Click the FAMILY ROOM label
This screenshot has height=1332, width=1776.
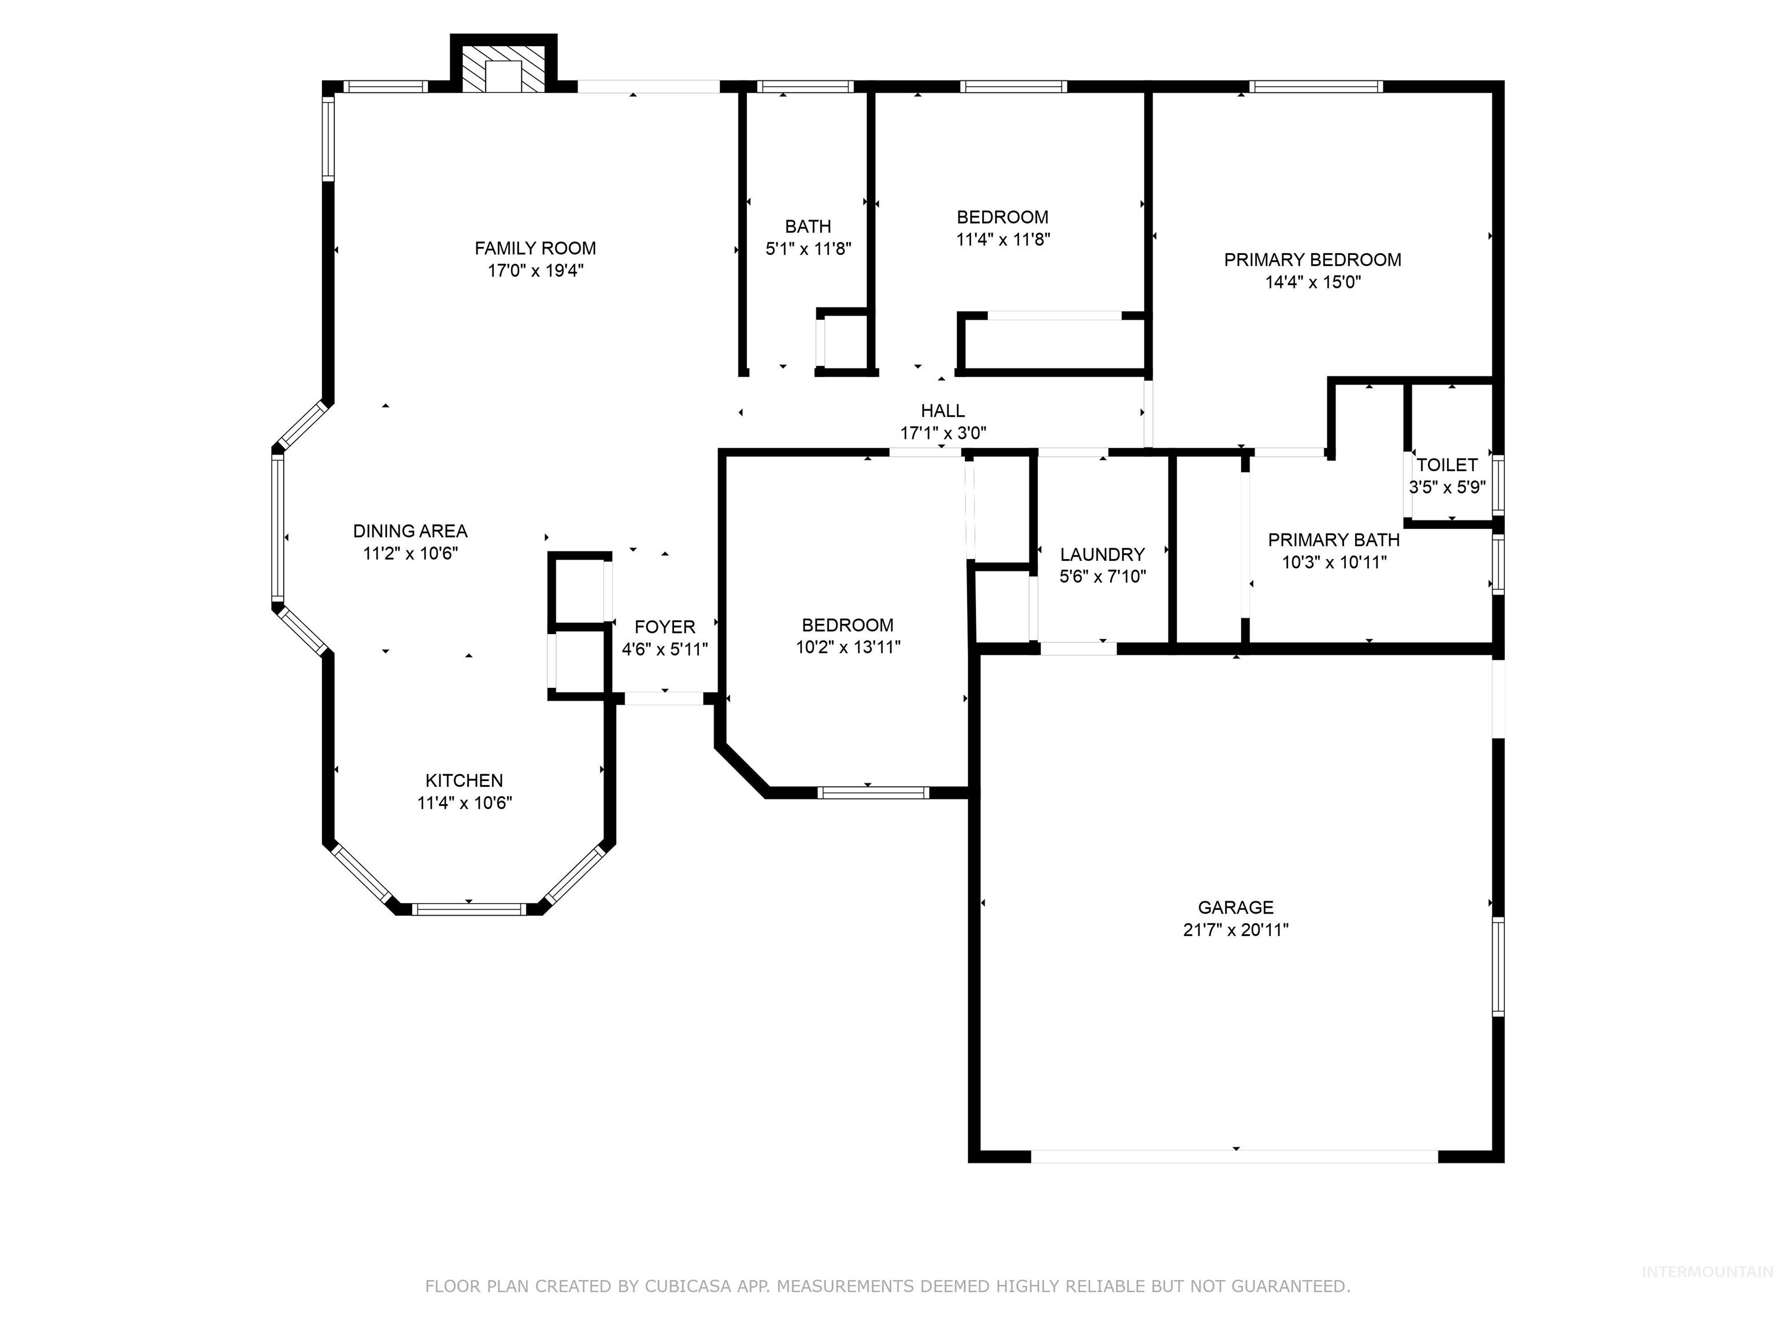(x=535, y=248)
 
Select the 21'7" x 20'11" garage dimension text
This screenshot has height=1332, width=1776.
(x=1235, y=930)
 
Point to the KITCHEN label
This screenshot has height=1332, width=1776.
(x=464, y=780)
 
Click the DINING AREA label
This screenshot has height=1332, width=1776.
(x=410, y=531)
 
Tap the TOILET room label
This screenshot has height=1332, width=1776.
(x=1447, y=465)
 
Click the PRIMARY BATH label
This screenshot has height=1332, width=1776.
(x=1334, y=539)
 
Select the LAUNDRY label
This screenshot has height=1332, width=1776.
(x=1102, y=554)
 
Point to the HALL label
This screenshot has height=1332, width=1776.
(x=942, y=411)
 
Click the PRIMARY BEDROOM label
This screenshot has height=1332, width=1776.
(x=1313, y=260)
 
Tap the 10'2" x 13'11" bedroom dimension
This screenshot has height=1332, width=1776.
(x=848, y=647)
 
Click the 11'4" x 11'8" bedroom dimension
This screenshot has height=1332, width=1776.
(x=1003, y=239)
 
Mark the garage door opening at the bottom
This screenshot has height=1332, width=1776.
(x=1234, y=1157)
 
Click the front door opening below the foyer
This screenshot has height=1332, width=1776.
(x=664, y=698)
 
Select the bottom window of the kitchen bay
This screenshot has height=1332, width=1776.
(x=469, y=909)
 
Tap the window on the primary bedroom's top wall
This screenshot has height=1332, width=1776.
(x=1315, y=87)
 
